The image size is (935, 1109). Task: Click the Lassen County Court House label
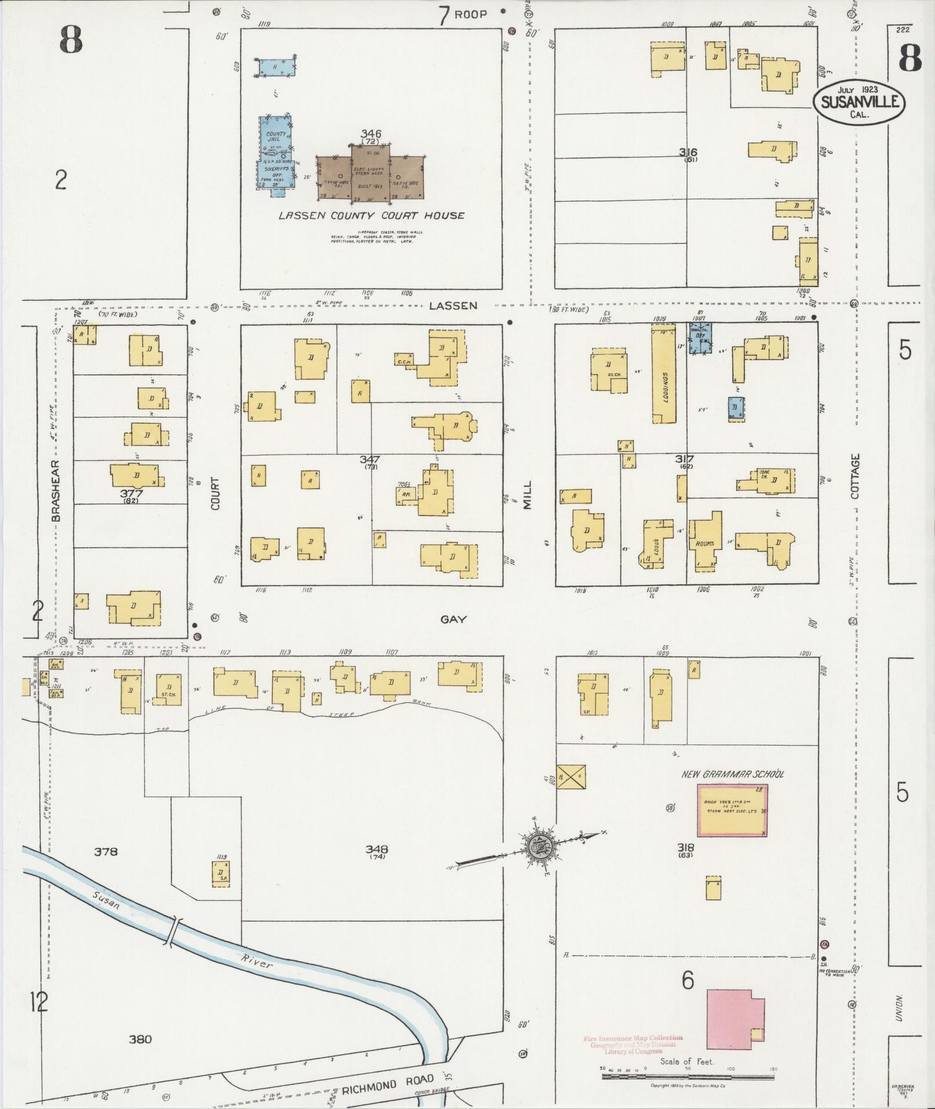tap(371, 216)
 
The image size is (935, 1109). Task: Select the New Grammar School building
tap(732, 810)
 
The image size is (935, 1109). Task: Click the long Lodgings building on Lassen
tap(664, 374)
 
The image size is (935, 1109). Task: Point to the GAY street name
tap(453, 620)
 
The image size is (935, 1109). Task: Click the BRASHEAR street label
tap(56, 491)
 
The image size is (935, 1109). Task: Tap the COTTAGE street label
tap(856, 477)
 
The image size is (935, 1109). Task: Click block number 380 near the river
tap(140, 1039)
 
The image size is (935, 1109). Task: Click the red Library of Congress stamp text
tap(633, 1044)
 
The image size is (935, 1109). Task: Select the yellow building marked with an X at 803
tap(572, 776)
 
